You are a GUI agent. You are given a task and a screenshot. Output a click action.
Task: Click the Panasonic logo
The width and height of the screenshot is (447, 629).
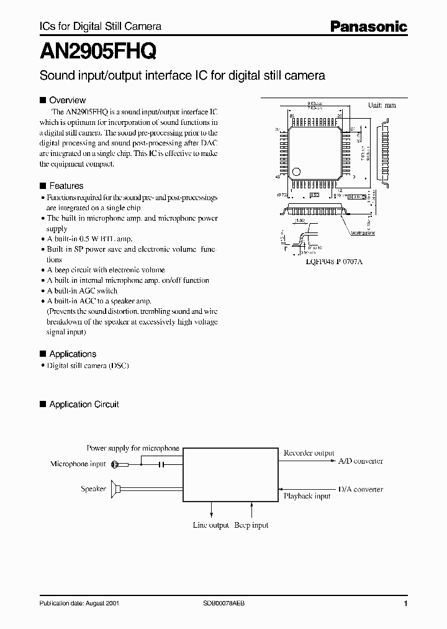tap(368, 26)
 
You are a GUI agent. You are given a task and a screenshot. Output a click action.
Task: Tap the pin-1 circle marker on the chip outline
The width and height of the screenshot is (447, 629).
tap(297, 171)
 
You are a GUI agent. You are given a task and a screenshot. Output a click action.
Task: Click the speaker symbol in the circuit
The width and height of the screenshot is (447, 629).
tap(116, 489)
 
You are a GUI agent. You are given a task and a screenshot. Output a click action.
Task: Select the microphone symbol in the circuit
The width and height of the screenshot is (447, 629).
tap(115, 464)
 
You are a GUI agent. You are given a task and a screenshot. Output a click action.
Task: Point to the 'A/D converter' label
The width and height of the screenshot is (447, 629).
tap(360, 461)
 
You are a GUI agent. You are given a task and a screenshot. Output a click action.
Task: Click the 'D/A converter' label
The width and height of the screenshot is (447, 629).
tap(360, 489)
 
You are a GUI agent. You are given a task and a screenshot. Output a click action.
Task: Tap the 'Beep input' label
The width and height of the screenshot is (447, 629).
tap(251, 525)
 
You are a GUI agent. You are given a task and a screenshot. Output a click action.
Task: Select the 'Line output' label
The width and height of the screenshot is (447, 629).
tap(210, 525)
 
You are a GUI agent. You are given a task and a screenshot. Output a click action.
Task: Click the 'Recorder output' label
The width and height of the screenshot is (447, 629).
tap(309, 453)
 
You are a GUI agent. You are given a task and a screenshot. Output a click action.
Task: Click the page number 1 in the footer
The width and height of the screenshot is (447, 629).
tap(405, 604)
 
